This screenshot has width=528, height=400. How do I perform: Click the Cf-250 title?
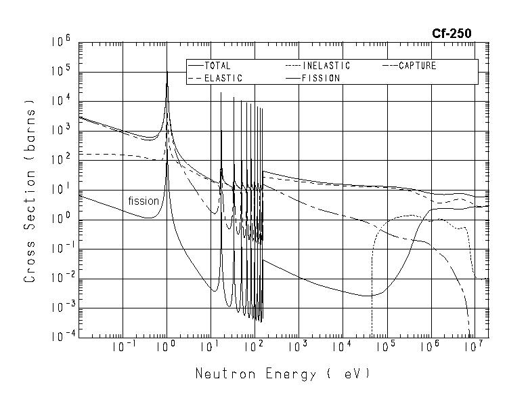[x=452, y=33]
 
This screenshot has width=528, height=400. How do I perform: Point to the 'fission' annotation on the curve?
[x=144, y=201]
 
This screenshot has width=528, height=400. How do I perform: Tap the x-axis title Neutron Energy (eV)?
[x=283, y=374]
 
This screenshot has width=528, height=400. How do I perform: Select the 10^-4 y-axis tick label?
[x=61, y=336]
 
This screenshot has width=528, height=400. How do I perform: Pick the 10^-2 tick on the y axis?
[x=61, y=278]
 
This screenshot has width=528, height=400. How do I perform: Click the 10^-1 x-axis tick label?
[x=123, y=347]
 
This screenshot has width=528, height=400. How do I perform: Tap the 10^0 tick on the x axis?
[x=167, y=347]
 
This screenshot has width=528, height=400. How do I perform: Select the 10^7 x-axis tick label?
[x=474, y=347]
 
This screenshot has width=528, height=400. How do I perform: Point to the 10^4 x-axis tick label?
[x=343, y=347]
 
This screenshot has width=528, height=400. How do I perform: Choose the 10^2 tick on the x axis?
[x=255, y=347]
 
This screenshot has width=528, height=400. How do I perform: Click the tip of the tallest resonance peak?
[x=167, y=72]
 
